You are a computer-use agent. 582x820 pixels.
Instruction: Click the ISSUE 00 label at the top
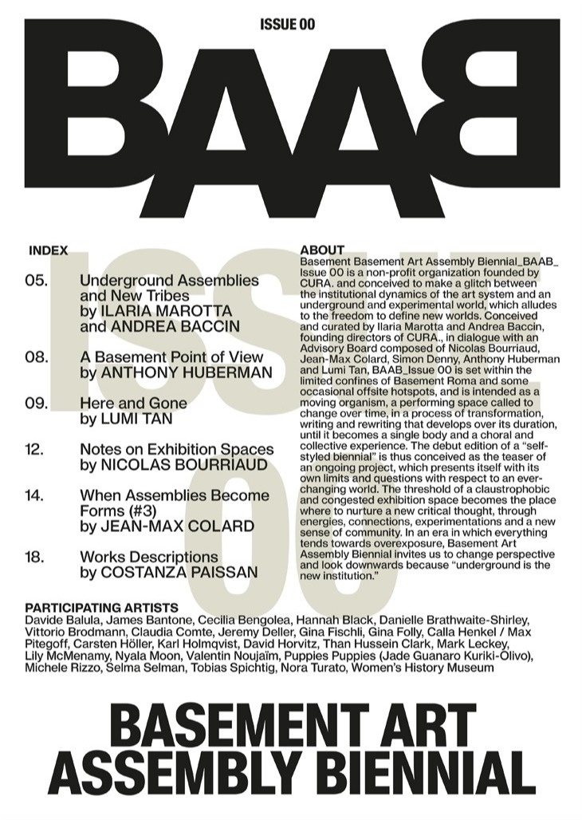click(287, 25)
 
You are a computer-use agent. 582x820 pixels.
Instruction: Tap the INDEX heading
click(48, 250)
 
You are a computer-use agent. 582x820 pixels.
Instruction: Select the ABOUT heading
click(322, 250)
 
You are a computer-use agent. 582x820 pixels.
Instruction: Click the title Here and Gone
click(133, 403)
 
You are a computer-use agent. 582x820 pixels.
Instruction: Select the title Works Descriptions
click(149, 557)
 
